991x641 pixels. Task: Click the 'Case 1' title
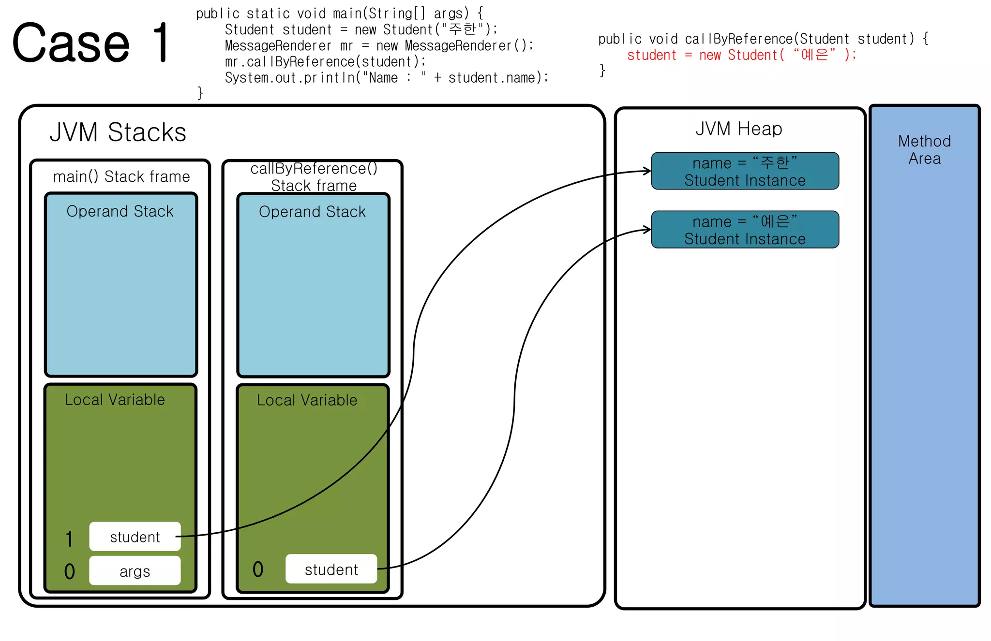point(91,44)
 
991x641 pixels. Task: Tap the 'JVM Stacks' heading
point(118,132)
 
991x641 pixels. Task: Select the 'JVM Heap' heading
point(738,129)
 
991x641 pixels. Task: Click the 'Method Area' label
point(924,150)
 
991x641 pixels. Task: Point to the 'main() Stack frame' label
point(121,177)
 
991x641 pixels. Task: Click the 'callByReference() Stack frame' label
point(314,177)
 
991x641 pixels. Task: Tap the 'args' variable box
point(135,571)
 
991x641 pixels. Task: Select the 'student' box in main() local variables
point(135,537)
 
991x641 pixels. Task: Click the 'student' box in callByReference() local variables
point(331,569)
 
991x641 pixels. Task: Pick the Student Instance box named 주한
point(745,171)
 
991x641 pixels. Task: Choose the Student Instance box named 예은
point(745,230)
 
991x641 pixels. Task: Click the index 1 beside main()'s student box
point(70,539)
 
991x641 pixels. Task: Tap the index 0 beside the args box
point(70,572)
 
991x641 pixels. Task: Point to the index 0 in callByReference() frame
point(258,569)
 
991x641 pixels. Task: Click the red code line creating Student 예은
point(741,55)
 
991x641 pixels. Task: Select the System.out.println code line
point(386,78)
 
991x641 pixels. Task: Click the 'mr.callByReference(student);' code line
point(325,62)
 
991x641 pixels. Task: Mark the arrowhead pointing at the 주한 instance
point(648,171)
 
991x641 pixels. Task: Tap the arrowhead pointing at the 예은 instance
point(648,229)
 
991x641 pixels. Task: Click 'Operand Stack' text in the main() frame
point(120,211)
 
